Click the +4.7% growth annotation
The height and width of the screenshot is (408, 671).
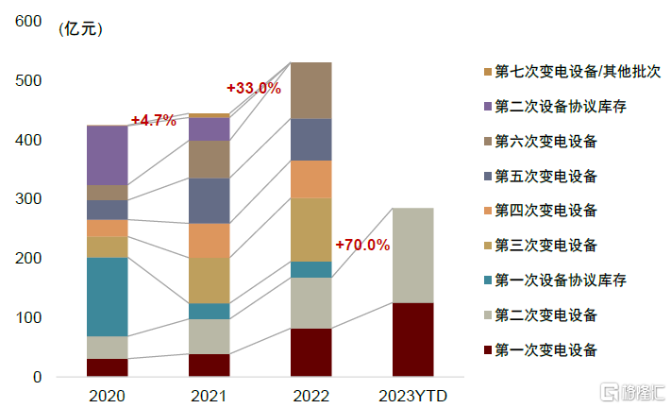click(154, 120)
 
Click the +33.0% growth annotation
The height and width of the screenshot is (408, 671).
click(254, 88)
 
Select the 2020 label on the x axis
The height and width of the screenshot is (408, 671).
click(107, 394)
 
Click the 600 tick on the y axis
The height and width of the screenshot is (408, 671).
click(31, 22)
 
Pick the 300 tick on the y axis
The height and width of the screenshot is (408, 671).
click(31, 199)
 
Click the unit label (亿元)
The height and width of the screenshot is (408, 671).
click(80, 28)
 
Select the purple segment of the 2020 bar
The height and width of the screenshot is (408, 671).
click(107, 155)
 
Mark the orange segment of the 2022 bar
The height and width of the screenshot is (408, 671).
click(310, 178)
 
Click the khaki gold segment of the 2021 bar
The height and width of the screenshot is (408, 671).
click(209, 280)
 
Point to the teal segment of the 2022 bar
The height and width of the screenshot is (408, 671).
click(310, 269)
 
